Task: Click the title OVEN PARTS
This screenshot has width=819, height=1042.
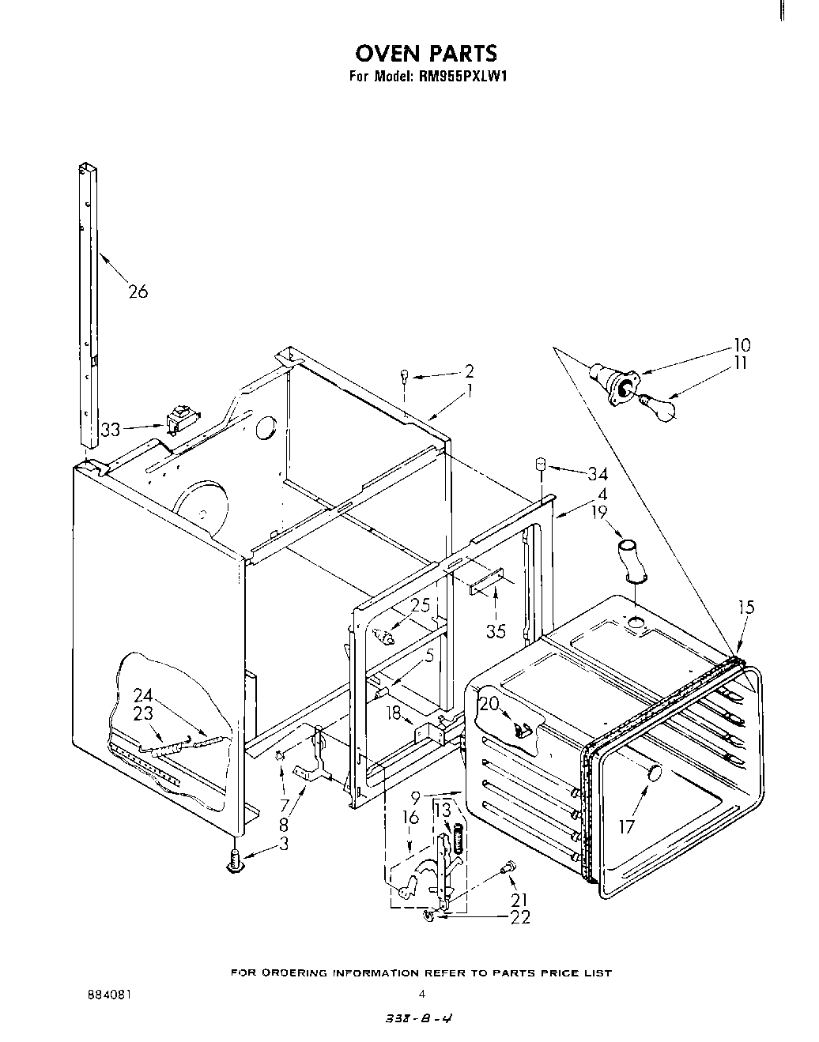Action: [426, 53]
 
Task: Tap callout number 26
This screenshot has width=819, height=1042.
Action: [138, 292]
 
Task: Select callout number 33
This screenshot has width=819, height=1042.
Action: [110, 431]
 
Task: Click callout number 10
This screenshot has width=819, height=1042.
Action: [742, 345]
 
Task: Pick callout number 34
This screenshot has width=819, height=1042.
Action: [597, 474]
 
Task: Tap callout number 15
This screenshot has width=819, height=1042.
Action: [746, 608]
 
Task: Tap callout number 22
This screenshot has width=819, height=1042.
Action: [520, 916]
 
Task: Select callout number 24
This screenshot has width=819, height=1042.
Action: [142, 696]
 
